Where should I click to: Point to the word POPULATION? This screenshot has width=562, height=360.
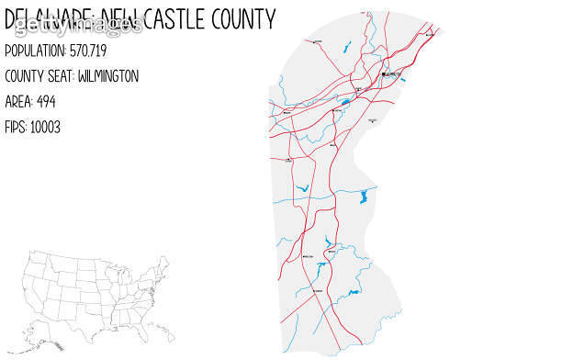click(35, 51)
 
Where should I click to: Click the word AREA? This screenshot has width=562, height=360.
click(19, 101)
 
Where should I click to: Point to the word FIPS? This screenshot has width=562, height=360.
click(17, 127)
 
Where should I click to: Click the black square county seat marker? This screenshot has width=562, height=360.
click(383, 74)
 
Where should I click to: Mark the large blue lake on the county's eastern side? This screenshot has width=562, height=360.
click(365, 197)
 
